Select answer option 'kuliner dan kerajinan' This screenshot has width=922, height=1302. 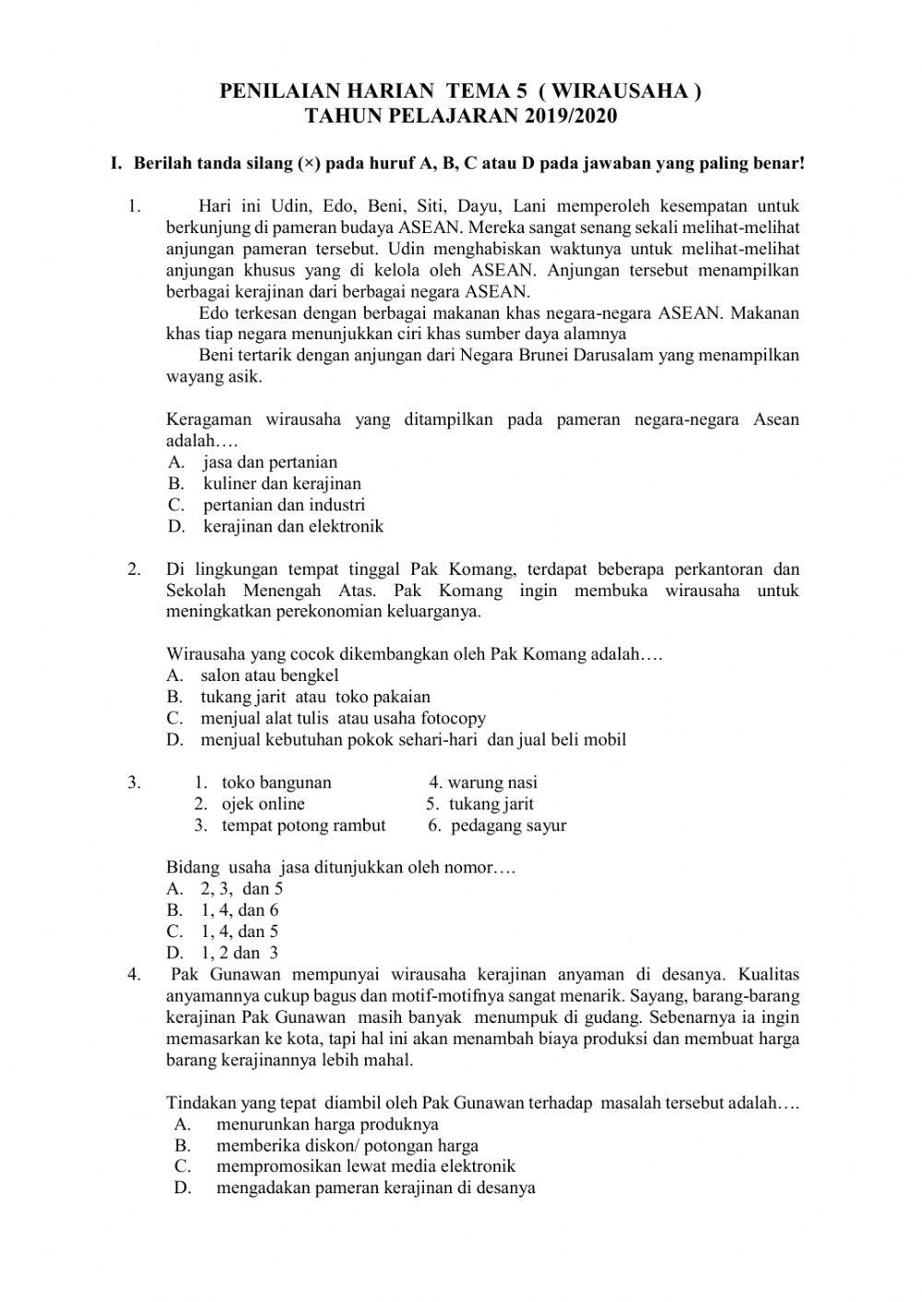click(282, 484)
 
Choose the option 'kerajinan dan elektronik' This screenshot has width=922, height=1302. click(293, 527)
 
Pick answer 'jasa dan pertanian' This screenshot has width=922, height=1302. click(270, 463)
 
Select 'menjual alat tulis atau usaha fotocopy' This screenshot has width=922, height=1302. click(342, 719)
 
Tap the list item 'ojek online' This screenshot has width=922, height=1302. click(263, 803)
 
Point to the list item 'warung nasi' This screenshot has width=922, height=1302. click(492, 783)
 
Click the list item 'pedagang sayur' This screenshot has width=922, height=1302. click(508, 826)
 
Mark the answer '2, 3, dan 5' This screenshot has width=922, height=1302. click(242, 889)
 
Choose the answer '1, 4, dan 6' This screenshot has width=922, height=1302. click(240, 910)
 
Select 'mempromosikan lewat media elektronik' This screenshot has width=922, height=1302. click(366, 1167)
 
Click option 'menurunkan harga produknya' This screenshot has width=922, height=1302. click(327, 1124)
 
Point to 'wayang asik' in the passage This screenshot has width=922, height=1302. click(213, 377)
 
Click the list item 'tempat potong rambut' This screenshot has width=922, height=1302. click(303, 826)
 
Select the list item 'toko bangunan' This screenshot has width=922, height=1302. click(277, 783)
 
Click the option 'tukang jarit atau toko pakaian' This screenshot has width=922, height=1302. click(315, 697)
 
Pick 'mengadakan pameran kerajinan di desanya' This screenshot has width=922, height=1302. click(375, 1188)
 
